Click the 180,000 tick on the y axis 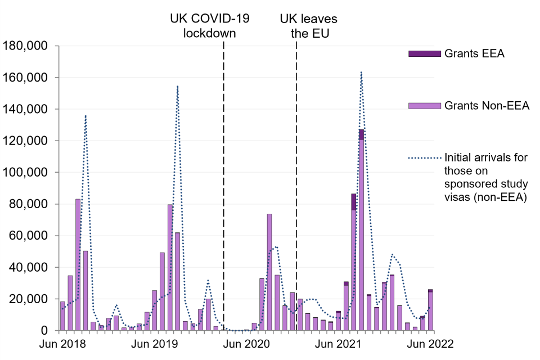(x=25, y=46)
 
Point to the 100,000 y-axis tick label (x=25, y=172)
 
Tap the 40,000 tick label (x=28, y=267)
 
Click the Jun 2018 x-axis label (x=62, y=344)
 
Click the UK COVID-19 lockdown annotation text (x=210, y=26)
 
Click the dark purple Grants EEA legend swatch (x=423, y=53)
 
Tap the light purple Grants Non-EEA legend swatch (x=423, y=105)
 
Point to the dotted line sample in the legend (x=423, y=157)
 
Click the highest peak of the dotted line (x=361, y=72)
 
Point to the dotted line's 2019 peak (x=177, y=86)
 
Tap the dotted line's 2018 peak (x=85, y=116)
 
